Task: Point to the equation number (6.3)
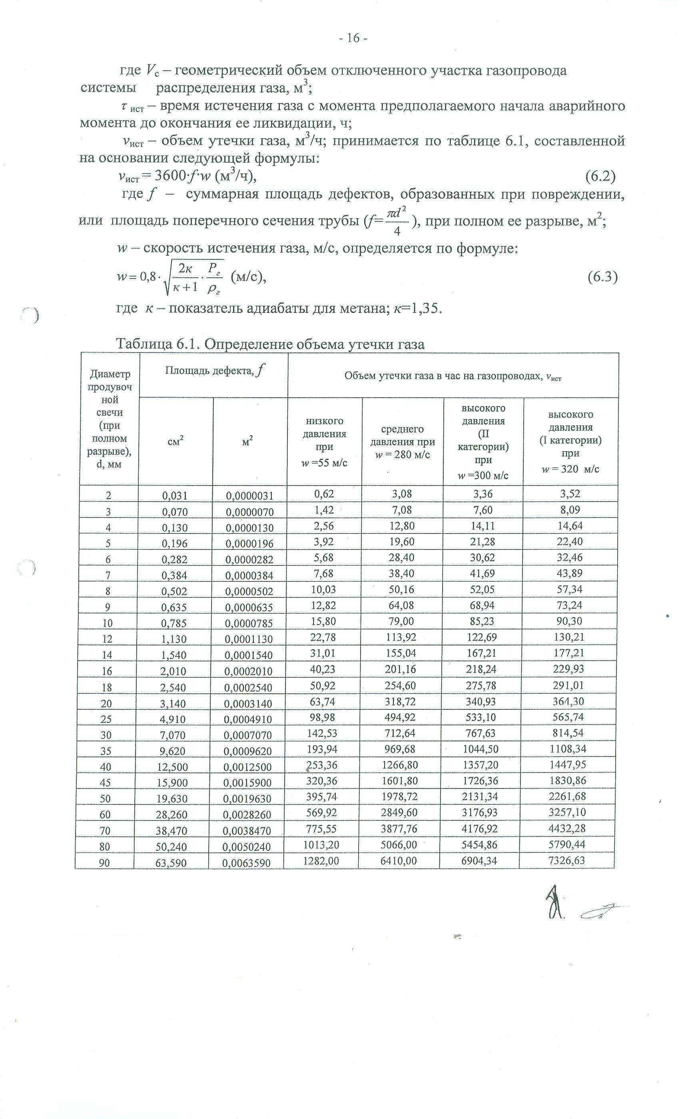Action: click(602, 277)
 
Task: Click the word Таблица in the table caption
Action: click(143, 344)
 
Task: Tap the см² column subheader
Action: click(176, 442)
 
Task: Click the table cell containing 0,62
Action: click(324, 494)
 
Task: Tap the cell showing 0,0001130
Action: click(249, 639)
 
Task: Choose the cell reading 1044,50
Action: click(483, 749)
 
